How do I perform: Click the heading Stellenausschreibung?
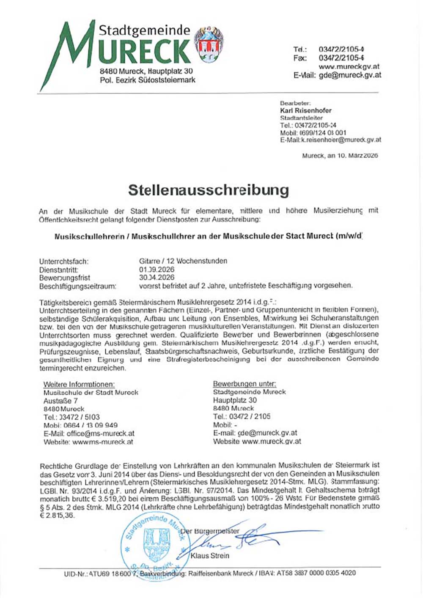[209, 190]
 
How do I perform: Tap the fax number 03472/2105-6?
[342, 58]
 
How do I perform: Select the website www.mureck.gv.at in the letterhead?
[349, 66]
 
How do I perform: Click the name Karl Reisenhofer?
[306, 111]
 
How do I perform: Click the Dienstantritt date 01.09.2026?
[157, 270]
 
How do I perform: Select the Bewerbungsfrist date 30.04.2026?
[157, 278]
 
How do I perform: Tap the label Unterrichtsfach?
[64, 262]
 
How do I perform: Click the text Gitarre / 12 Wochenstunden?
[183, 261]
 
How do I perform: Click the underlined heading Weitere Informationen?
[79, 385]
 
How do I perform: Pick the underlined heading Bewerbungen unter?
[244, 384]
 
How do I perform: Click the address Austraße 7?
[60, 401]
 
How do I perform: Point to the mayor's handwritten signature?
[245, 539]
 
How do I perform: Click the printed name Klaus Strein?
[210, 556]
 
